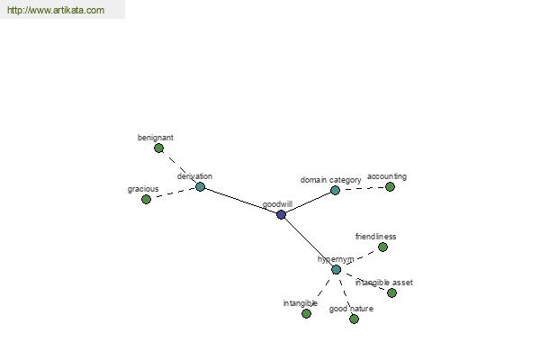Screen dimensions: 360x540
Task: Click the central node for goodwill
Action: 282,215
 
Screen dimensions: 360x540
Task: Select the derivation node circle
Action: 201,187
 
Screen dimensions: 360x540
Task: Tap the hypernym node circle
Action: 336,270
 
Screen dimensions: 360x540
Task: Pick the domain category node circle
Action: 335,191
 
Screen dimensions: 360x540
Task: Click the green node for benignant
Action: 159,148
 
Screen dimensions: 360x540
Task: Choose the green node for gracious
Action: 147,200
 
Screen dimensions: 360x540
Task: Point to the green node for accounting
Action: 390,187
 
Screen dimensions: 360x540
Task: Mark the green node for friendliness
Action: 382,247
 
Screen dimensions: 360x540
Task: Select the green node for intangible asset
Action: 391,292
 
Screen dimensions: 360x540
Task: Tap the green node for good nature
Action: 354,319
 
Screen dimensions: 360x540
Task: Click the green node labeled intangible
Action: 307,313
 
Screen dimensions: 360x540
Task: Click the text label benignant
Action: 156,138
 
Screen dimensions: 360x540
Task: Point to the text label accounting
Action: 387,176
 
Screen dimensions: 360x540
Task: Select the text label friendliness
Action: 375,237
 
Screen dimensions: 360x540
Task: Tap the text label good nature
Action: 351,309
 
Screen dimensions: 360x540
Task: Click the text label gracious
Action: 143,189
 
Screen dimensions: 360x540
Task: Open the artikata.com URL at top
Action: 55,11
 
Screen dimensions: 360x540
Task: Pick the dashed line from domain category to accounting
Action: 363,189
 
